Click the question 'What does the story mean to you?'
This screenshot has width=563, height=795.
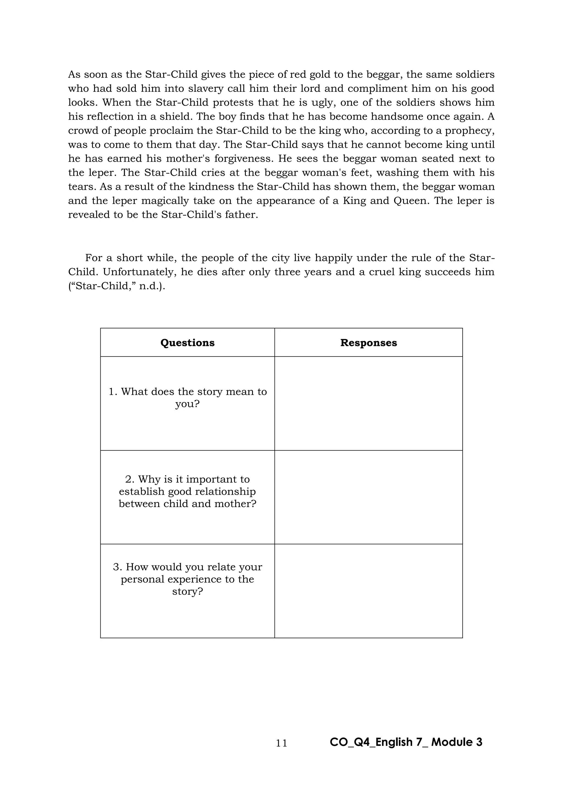tap(187, 398)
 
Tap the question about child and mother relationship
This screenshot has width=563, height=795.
tap(187, 491)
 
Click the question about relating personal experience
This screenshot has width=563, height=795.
tap(187, 579)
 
